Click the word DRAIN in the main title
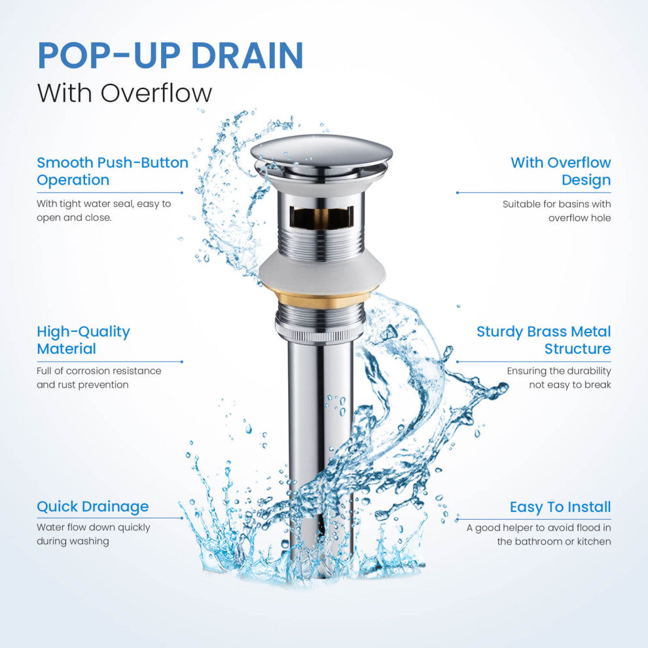[247, 56]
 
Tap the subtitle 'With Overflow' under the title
[124, 93]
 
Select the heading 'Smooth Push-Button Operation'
[113, 171]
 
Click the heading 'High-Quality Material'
[84, 340]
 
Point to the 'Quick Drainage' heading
[92, 507]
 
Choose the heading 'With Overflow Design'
[561, 171]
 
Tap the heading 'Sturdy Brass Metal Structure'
[544, 340]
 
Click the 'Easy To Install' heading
[560, 507]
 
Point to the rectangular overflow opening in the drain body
[321, 217]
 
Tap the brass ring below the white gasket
[322, 298]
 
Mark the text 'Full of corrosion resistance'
[99, 370]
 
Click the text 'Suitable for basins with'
[556, 204]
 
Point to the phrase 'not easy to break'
[570, 385]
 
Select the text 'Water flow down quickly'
[94, 528]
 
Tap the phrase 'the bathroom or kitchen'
[554, 541]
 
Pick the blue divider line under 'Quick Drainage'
[110, 518]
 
